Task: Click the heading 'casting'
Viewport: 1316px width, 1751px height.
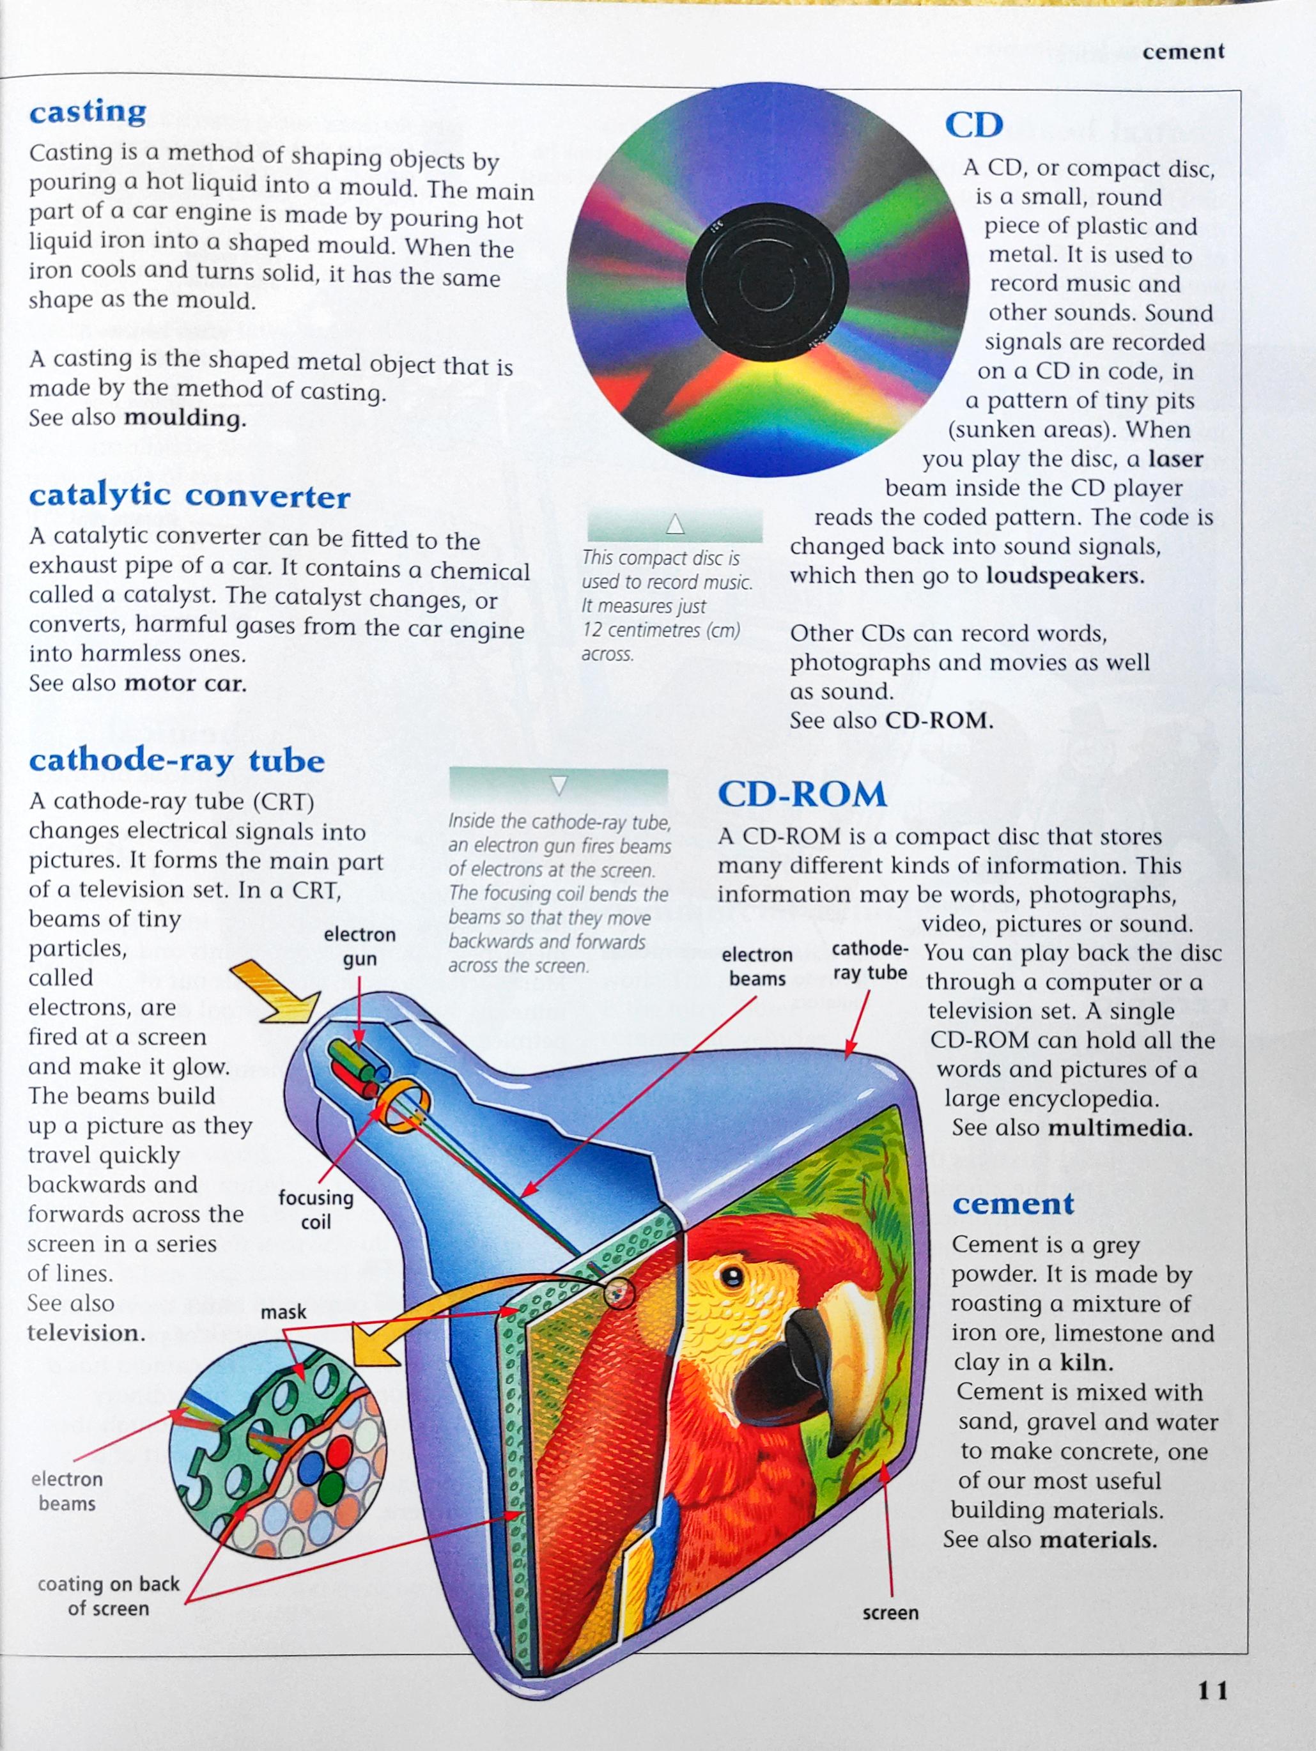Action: (x=88, y=112)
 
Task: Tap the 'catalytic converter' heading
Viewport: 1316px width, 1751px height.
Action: (x=189, y=497)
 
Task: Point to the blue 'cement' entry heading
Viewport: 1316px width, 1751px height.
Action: (x=1013, y=1204)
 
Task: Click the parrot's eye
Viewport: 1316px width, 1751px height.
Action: (x=732, y=1274)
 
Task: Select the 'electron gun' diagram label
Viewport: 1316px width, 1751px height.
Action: (x=359, y=946)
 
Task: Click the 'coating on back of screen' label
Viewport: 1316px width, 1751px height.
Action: (x=109, y=1596)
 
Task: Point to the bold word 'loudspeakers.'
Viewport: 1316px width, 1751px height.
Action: (x=1065, y=576)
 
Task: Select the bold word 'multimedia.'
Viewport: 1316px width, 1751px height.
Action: (x=1120, y=1128)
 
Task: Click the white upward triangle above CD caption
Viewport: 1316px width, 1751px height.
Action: (x=675, y=524)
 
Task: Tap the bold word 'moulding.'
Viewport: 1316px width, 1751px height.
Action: (x=185, y=418)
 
